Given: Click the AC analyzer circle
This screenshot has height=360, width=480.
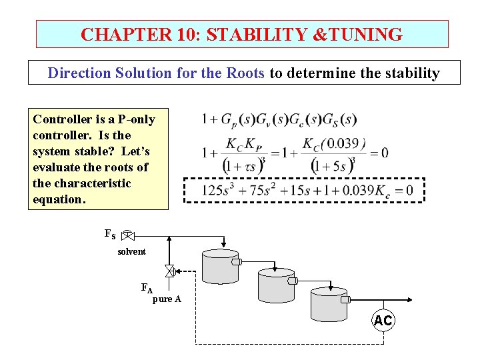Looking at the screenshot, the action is coord(383,321).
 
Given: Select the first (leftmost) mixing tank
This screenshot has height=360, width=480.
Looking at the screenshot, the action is coord(220,267).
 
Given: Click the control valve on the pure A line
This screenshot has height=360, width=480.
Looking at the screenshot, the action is coord(169,271).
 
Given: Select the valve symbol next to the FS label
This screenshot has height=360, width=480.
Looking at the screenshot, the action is coord(129,235).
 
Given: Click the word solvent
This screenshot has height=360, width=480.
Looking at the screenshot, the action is coord(131,252).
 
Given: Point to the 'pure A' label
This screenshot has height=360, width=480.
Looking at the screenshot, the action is coord(167,299).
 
